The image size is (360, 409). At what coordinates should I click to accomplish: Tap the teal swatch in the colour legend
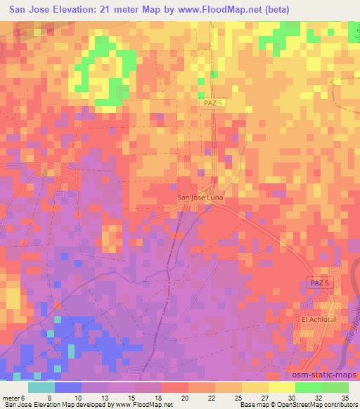[x=41, y=387]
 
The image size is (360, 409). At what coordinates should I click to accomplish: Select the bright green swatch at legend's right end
[x=335, y=387]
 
